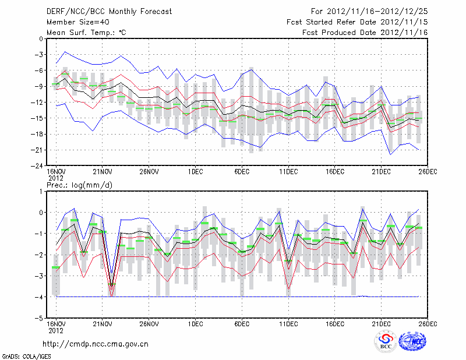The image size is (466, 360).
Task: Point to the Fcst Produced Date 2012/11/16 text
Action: point(365,33)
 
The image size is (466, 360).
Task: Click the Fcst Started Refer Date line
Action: point(357,22)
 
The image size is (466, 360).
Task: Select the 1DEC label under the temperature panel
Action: point(196,172)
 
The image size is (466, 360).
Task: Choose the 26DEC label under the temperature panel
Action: point(428,172)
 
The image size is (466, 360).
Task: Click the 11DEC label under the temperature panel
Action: point(288,172)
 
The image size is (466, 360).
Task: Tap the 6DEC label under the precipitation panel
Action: point(242,324)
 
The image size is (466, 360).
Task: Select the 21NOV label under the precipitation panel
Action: point(103,324)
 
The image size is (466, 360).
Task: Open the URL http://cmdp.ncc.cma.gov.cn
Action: point(96,344)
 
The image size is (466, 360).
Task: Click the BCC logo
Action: point(386,343)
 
